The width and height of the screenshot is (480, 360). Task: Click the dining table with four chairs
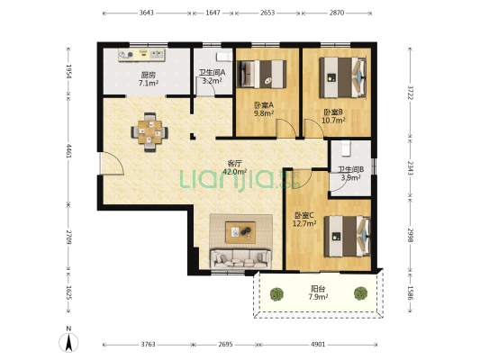click(x=149, y=132)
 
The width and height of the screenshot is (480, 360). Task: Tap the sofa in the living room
click(x=240, y=259)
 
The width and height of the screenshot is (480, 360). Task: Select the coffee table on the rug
click(x=240, y=232)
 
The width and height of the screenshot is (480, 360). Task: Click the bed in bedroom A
click(x=261, y=75)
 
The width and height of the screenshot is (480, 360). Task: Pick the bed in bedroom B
click(x=342, y=77)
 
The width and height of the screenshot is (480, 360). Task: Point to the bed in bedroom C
click(x=348, y=236)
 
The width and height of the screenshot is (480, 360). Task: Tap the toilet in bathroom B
click(x=346, y=148)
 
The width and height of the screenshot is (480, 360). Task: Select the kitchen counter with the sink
click(x=141, y=55)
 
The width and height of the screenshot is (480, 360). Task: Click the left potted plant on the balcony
click(x=277, y=294)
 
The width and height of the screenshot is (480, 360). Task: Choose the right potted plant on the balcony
click(x=361, y=293)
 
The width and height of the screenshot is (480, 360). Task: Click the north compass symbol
click(x=68, y=340)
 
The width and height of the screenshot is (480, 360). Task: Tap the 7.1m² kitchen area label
click(x=149, y=83)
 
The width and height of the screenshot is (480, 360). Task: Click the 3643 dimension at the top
click(x=147, y=13)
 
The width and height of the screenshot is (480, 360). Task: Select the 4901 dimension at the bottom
click(x=318, y=345)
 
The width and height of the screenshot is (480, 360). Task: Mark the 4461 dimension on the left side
click(x=68, y=151)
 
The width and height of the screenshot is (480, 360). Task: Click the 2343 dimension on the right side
click(x=410, y=168)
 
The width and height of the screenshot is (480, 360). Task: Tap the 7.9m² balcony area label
click(x=319, y=296)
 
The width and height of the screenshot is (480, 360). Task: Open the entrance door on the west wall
click(x=112, y=163)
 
